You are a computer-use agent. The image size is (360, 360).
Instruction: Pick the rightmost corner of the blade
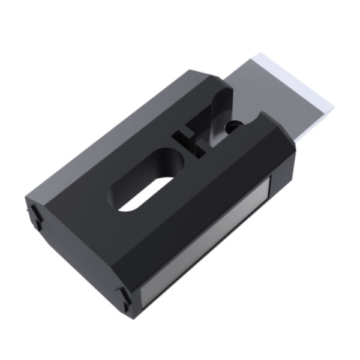(334, 108)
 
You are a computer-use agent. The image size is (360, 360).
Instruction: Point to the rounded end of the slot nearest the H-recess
(174, 165)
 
